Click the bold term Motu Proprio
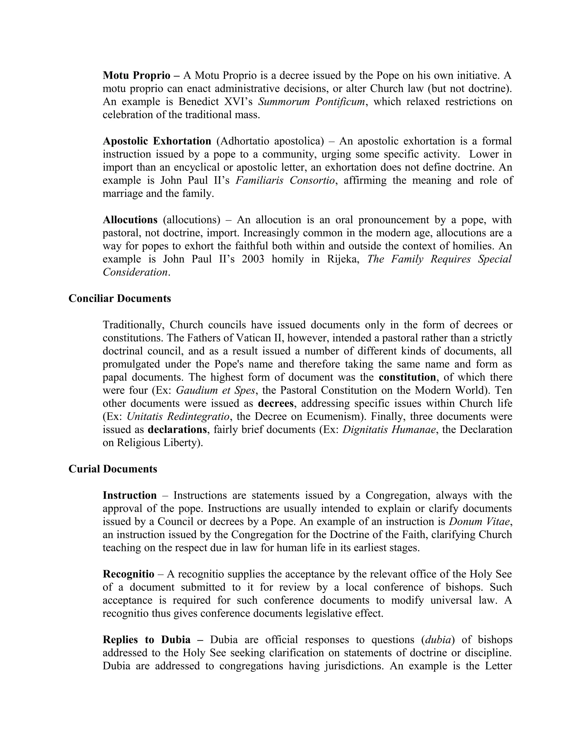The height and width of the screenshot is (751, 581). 136,75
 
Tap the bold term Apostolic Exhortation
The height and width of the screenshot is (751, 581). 157,141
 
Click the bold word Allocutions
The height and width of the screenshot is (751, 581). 130,220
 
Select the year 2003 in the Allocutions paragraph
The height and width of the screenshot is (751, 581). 253,259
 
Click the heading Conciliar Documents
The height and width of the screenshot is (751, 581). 120,298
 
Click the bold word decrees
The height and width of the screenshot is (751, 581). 276,403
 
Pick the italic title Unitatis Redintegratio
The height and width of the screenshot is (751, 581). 178,416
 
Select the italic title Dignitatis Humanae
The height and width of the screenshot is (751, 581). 389,429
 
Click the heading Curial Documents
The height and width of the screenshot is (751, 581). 113,469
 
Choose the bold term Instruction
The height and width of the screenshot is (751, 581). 130,495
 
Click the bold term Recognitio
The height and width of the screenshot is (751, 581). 129,574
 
